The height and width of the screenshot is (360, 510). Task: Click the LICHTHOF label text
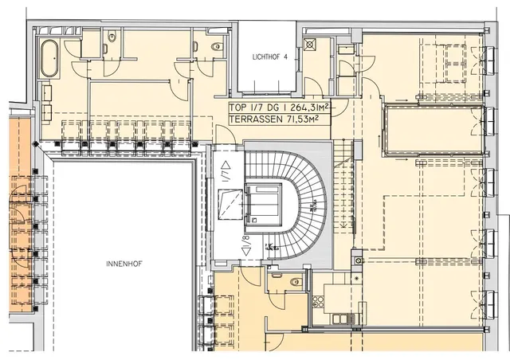click(x=266, y=57)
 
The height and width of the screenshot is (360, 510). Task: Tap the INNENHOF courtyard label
click(x=124, y=264)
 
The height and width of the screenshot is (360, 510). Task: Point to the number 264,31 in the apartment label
click(x=304, y=108)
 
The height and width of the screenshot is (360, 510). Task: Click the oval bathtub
click(x=49, y=58)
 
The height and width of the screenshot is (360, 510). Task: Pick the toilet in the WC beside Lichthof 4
click(x=217, y=47)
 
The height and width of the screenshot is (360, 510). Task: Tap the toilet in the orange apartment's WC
click(x=296, y=282)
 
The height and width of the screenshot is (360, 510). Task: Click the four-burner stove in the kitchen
click(x=317, y=302)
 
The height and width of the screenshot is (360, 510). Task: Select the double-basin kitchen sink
click(x=340, y=319)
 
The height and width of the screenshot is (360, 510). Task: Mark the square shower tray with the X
click(x=310, y=45)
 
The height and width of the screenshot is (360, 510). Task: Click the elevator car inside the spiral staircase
click(x=263, y=204)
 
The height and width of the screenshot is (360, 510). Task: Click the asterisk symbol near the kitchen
click(x=357, y=279)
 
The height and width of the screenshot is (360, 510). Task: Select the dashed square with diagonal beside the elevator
click(x=230, y=205)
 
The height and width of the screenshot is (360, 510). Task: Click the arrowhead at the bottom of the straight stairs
click(x=343, y=225)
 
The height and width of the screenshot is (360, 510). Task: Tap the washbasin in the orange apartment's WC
click(x=277, y=275)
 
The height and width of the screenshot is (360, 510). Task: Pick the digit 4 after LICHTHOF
click(x=285, y=57)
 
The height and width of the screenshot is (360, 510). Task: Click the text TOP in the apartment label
click(x=237, y=108)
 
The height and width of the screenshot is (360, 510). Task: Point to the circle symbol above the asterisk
click(x=358, y=260)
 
